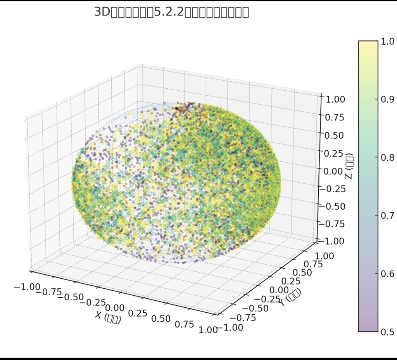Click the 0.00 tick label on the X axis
[x=115, y=308]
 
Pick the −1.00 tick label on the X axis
[x=27, y=287]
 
